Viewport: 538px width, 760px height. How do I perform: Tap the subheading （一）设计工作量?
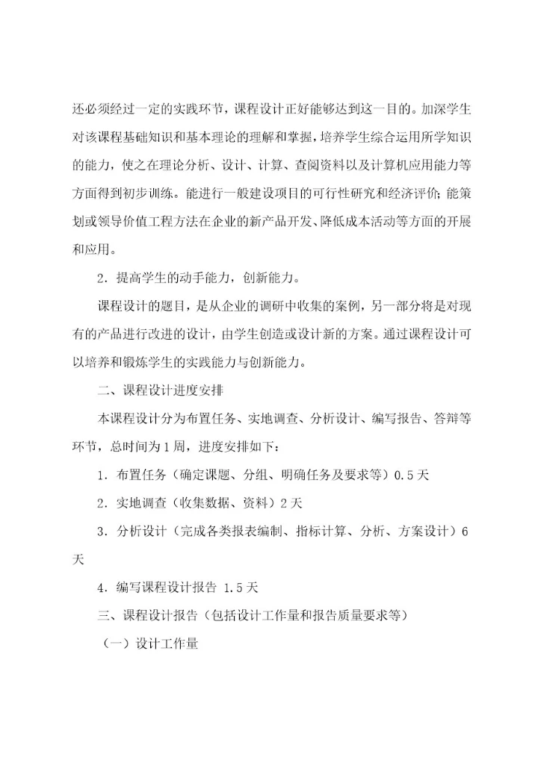tap(150, 644)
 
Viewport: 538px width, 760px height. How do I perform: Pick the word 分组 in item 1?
tap(250, 474)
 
